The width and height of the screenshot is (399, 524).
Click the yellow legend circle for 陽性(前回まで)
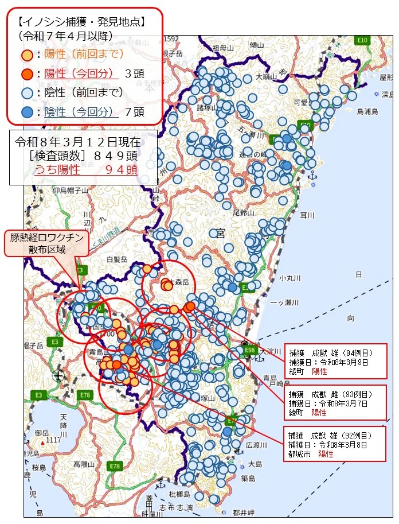click(27, 55)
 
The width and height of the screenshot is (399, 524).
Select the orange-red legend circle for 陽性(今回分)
click(27, 74)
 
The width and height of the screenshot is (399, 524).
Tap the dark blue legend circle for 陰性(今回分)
click(27, 112)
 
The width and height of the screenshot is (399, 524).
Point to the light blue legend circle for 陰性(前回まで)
click(27, 93)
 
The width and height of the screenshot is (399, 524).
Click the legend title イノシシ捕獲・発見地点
click(81, 22)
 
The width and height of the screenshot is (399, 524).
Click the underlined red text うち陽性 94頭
click(86, 169)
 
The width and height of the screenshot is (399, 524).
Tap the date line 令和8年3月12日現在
click(77, 142)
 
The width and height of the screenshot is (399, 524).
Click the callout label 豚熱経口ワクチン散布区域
click(48, 243)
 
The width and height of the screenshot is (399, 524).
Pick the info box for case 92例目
click(335, 444)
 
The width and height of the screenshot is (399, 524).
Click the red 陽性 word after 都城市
click(326, 454)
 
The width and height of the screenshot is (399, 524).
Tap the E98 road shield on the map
click(250, 350)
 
